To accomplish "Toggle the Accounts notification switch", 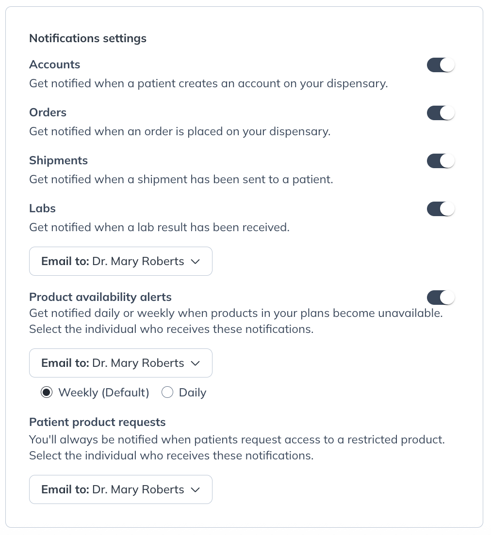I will tap(441, 65).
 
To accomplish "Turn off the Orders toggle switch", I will tap(441, 113).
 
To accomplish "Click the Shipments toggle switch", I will tap(441, 161).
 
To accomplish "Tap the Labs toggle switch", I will tap(441, 209).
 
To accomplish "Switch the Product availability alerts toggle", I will tap(441, 297).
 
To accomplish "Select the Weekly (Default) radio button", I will tap(47, 393).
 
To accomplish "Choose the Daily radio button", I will tap(167, 393).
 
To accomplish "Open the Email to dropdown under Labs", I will tap(120, 261).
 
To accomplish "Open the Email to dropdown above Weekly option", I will tap(120, 363).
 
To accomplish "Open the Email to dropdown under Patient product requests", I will tap(120, 489).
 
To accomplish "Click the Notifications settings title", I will tap(88, 38).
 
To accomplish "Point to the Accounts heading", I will tap(54, 64).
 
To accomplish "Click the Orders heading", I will tap(48, 112).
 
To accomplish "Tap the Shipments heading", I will tap(58, 160).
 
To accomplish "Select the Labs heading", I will tap(42, 208).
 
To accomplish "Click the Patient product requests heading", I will tap(97, 422).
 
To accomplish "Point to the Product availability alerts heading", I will tap(100, 297).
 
